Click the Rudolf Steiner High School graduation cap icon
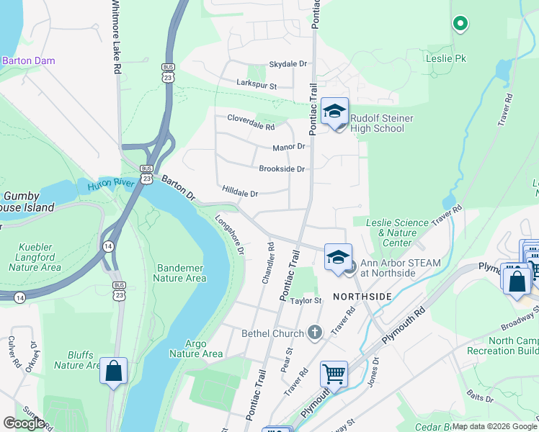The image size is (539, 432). tap(334, 112)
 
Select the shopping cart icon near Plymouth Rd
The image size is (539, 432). tap(334, 374)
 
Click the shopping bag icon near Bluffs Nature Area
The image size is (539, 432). tap(114, 372)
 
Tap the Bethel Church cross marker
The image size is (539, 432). tap(313, 333)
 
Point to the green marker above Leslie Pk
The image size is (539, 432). tap(460, 24)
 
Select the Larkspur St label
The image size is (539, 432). tap(257, 85)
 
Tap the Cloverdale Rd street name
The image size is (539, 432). tap(251, 122)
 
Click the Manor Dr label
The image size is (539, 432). tap(289, 148)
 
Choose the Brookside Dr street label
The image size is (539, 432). tap(282, 169)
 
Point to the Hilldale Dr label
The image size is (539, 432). tap(240, 193)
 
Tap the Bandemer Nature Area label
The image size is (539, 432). tap(180, 272)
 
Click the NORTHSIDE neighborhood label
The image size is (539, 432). tap(362, 297)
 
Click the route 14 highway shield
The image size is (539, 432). tap(107, 246)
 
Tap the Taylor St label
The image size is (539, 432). tap(305, 300)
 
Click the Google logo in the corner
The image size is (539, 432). tap(24, 423)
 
